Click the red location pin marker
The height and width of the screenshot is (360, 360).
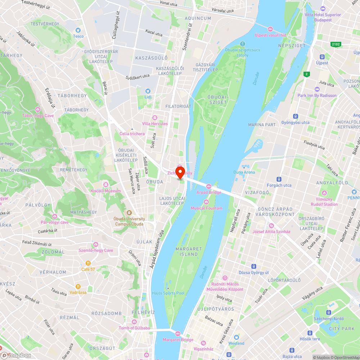180,171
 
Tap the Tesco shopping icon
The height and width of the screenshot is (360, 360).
78,31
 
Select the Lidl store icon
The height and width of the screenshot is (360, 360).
148,91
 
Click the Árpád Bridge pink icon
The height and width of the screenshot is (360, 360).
209,186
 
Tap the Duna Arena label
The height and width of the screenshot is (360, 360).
244,172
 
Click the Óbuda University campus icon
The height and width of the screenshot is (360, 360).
129,213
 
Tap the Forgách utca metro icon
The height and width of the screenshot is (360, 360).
279,179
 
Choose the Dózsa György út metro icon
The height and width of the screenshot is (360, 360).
254,266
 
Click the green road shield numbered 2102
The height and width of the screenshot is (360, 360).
336,44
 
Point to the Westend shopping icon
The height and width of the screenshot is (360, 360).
236,337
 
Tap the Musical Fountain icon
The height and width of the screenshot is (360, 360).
206,202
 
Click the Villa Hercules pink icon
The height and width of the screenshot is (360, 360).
155,118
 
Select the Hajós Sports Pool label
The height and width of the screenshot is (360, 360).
168,293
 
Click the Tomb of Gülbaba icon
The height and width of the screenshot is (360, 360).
134,322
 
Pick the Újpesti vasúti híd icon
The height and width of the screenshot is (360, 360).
270,29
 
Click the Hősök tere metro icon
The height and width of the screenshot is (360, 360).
310,333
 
